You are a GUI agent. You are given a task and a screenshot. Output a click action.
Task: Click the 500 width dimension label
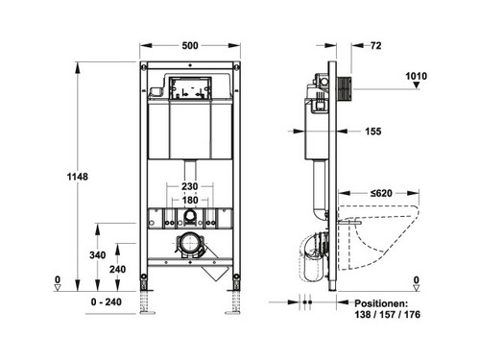190,45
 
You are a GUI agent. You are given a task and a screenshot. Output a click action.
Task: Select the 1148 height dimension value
77,177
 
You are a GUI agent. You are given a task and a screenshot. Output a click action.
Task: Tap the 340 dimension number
98,255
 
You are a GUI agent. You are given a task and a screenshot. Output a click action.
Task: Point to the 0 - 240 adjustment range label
106,301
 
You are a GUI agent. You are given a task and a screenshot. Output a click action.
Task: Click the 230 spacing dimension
190,186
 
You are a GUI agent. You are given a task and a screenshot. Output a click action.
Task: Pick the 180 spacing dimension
190,201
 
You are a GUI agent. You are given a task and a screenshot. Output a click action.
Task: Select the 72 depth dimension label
376,45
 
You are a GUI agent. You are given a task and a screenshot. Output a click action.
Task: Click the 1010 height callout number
416,76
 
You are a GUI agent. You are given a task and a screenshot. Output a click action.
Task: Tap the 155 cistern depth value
373,132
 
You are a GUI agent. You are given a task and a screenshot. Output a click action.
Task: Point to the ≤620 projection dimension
381,193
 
